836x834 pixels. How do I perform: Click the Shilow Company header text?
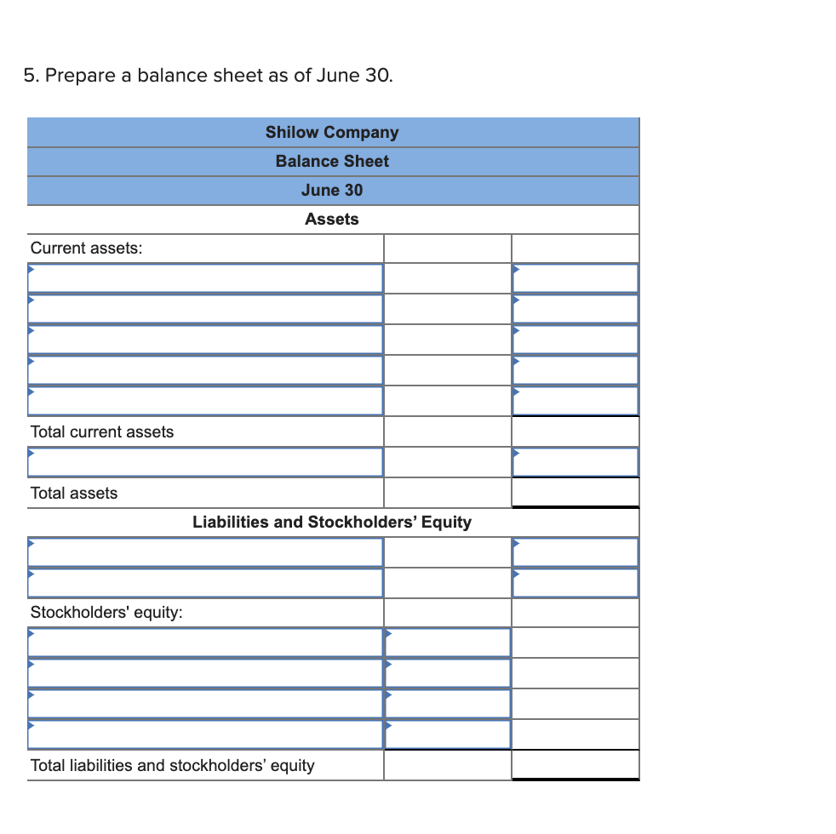331,132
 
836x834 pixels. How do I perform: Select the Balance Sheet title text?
331,161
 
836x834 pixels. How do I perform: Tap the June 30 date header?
331,190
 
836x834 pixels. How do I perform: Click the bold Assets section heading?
331,219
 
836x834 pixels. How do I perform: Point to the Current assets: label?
86,248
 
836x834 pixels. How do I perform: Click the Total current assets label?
101,431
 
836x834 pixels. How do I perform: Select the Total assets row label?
74,493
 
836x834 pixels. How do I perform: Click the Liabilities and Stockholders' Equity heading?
331,522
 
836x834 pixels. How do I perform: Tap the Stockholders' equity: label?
106,612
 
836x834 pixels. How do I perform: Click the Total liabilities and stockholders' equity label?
172,765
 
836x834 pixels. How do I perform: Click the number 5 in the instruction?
29,76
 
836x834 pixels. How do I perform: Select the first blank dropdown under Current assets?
205,278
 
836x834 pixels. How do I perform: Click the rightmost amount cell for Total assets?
575,493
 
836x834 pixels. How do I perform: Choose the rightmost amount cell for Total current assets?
575,431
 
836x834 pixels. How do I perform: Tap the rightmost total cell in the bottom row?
575,765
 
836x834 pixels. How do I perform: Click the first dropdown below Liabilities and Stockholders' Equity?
205,552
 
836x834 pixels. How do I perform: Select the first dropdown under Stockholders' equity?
205,643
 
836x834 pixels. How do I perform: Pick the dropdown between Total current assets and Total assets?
205,462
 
